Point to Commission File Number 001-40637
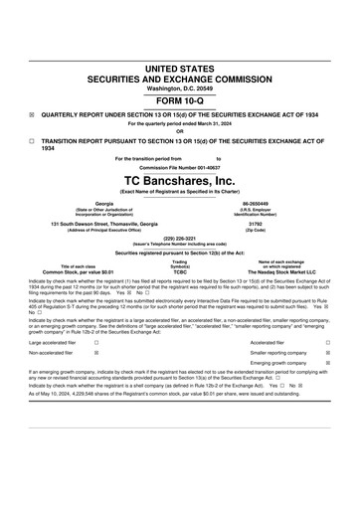click(180, 166)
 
